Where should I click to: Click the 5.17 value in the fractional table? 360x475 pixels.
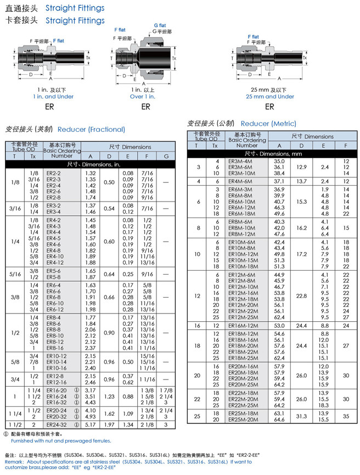click(x=91, y=424)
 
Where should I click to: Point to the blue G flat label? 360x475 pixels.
click(x=160, y=25)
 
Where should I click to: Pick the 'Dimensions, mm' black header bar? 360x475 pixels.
click(x=269, y=154)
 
